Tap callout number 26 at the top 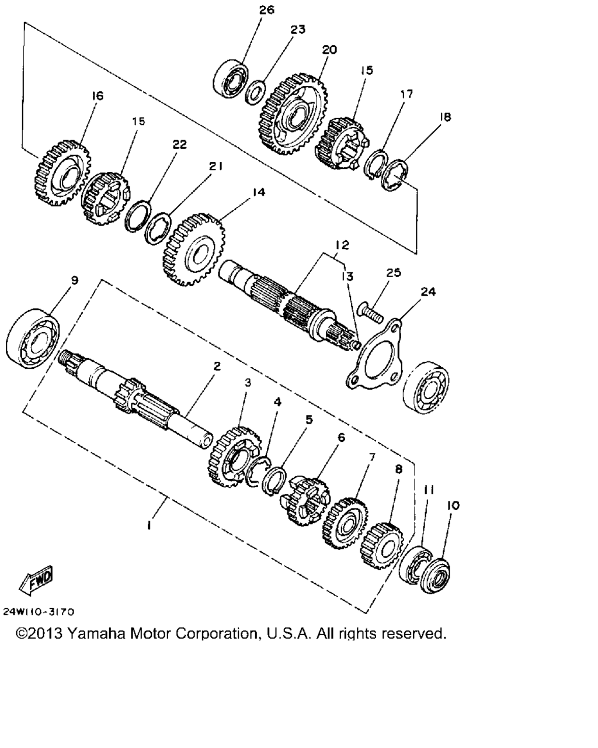point(267,10)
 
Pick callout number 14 point(259,192)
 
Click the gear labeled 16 point(62,173)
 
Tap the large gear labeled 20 point(293,114)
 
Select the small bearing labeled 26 point(230,78)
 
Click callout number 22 point(180,144)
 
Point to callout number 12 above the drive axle point(342,245)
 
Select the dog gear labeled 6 point(305,501)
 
